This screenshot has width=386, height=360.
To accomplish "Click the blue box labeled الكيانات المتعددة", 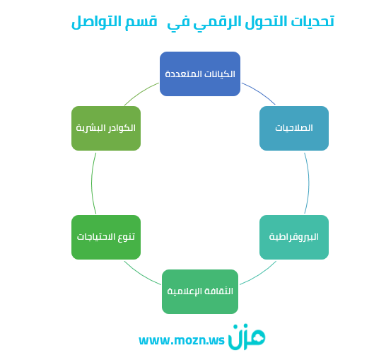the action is point(200,74).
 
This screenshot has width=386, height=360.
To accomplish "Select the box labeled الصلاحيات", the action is point(294,128).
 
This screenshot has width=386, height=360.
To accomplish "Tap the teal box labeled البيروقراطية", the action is point(294,237).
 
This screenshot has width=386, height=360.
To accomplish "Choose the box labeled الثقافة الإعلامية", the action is point(200,291).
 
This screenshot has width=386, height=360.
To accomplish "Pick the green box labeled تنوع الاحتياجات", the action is point(106,237).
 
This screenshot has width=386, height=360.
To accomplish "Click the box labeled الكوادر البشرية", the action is point(106,128).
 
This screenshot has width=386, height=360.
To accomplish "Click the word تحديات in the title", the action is point(312,21).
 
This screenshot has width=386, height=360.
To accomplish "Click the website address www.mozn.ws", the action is point(182,340).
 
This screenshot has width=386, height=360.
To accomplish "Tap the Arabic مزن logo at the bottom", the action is point(247,337).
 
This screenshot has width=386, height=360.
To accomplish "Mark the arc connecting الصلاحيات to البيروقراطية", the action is point(309,182).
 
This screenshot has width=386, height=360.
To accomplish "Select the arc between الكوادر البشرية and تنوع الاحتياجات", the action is point(92,182).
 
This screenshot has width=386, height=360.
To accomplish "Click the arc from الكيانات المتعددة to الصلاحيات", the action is point(259,92).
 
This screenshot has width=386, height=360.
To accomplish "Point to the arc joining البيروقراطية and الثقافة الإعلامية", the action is point(259,274).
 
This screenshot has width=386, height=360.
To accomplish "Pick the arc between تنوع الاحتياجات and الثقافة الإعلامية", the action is point(141,274).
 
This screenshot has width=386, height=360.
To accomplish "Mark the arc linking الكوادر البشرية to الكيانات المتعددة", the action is point(140,93).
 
